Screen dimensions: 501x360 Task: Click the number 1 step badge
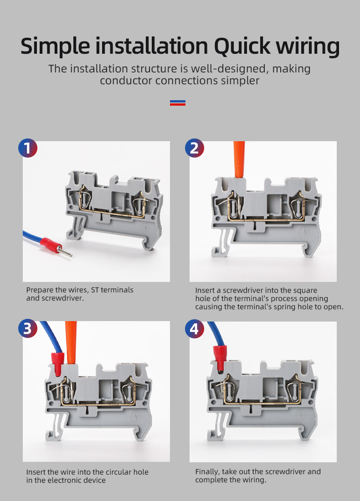(28, 148)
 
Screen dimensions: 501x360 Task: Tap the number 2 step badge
(195, 148)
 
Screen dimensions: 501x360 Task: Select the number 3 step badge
(28, 328)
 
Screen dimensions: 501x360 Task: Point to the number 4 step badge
(195, 328)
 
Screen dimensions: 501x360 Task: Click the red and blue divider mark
(178, 102)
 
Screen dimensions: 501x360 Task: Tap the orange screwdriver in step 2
(239, 159)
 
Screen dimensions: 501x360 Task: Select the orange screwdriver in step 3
(71, 342)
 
